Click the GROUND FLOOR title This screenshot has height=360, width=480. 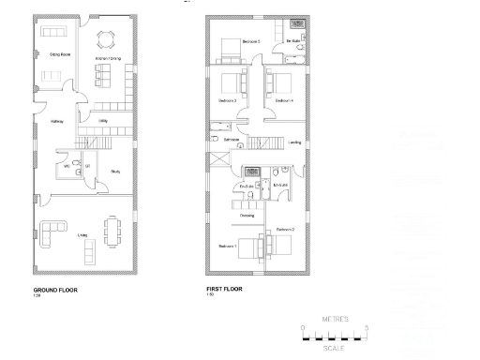[x=55, y=290]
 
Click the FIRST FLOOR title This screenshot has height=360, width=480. [x=224, y=290]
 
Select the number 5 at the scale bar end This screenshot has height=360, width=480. [x=367, y=325]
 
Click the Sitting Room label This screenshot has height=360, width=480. [x=49, y=55]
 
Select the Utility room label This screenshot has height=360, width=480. [x=104, y=121]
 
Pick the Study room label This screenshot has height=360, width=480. [x=115, y=172]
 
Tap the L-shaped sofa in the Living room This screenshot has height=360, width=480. [x=49, y=228]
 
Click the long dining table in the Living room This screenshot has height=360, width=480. [x=114, y=230]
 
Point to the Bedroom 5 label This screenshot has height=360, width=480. [x=250, y=41]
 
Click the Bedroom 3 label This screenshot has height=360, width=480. [x=227, y=100]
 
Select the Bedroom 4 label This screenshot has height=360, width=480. [x=284, y=100]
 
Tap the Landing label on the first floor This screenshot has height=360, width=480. [x=294, y=142]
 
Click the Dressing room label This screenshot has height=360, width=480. [x=247, y=216]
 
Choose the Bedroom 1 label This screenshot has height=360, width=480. [x=227, y=247]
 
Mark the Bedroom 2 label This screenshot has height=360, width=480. [x=286, y=230]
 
